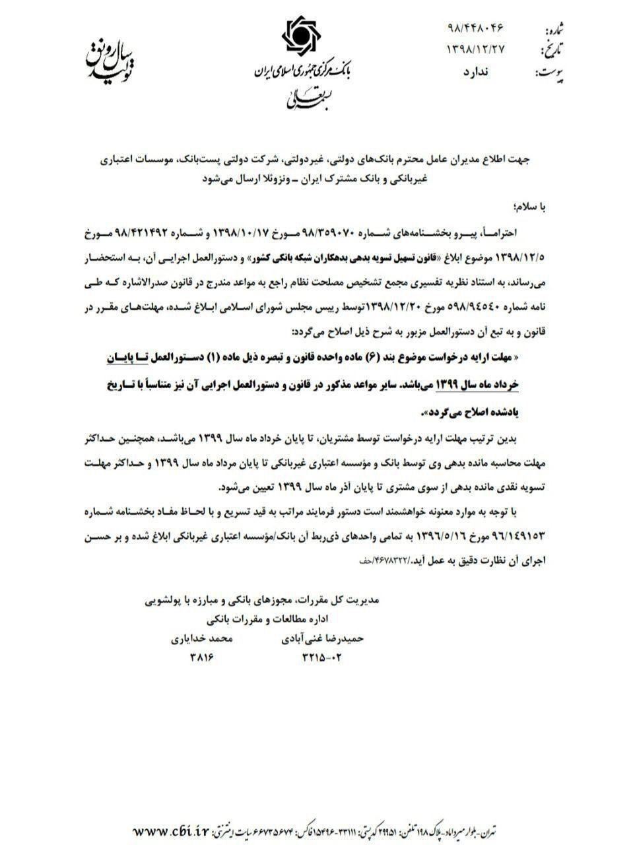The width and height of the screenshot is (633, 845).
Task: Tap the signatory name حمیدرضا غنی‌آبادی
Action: click(323, 638)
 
